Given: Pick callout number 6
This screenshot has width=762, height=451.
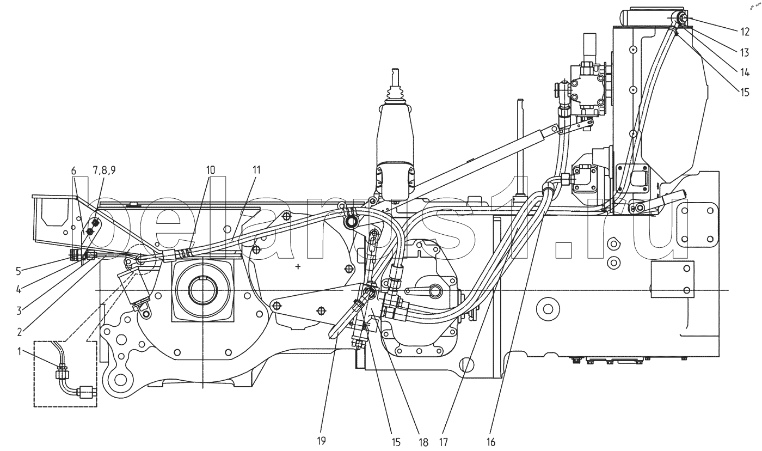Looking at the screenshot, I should pos(74,170).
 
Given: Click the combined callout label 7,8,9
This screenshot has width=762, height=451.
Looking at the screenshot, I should pos(104,170).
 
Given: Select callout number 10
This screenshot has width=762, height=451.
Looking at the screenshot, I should pos(211,170).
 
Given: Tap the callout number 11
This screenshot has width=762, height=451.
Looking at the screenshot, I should pos(256,170).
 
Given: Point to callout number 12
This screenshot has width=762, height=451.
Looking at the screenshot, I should pos(746,32).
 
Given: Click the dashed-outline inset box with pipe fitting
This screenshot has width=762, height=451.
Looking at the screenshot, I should pos(65,374).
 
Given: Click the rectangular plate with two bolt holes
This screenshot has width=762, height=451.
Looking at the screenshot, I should pos(673,279).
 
